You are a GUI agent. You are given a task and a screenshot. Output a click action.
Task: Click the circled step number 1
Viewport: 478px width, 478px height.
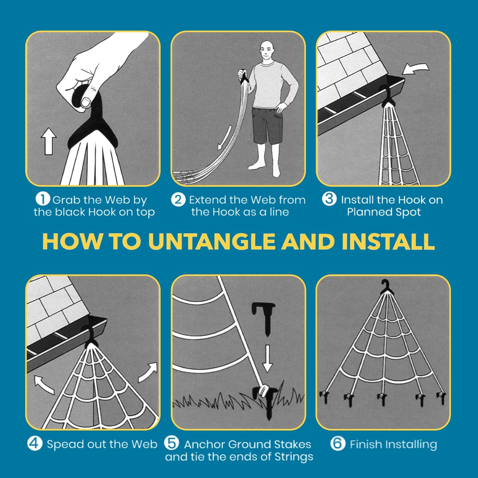click(42, 199)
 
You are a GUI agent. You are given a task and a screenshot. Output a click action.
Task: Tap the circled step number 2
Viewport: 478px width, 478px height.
click(178, 199)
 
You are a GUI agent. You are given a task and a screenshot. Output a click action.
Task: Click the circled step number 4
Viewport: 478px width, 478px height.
click(35, 443)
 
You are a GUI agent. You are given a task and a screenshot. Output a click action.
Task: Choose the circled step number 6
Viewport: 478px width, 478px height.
click(338, 443)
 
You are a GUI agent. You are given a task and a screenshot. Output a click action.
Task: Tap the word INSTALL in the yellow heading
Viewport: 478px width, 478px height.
click(388, 242)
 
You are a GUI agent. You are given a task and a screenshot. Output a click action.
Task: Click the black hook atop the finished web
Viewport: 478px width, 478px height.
click(386, 286)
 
